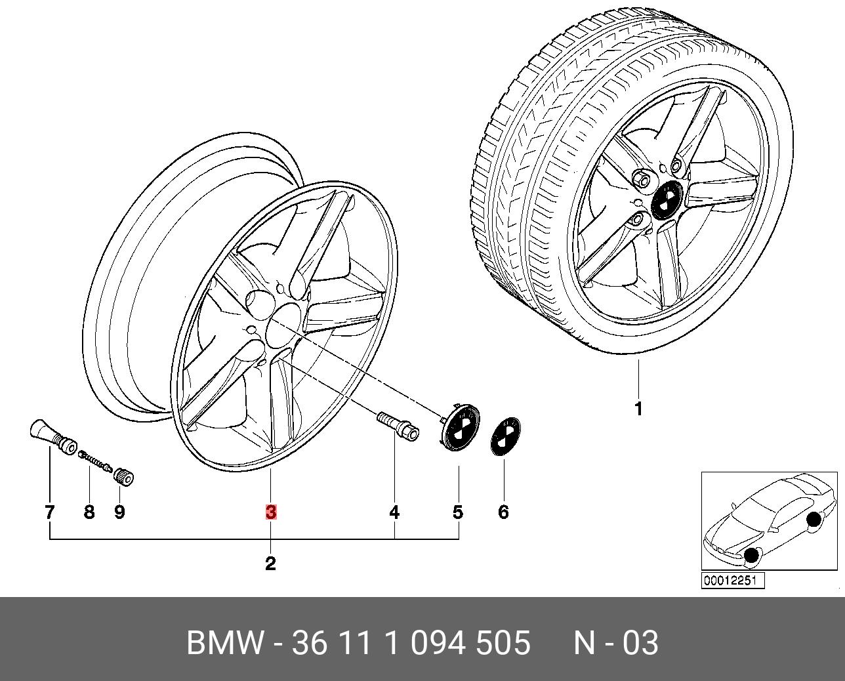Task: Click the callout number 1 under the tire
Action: [x=639, y=409]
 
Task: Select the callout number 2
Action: [x=270, y=564]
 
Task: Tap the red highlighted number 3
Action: [x=271, y=512]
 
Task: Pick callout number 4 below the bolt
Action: [x=394, y=512]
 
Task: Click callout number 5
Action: [x=458, y=512]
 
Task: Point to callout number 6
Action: [x=503, y=512]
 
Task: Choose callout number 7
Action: [x=49, y=512]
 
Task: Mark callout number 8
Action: [x=89, y=512]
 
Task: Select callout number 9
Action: [x=119, y=512]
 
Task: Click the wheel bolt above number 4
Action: [x=398, y=428]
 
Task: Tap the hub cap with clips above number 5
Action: [x=459, y=426]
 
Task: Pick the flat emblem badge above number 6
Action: [x=506, y=437]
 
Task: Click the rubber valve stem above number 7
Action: [x=52, y=438]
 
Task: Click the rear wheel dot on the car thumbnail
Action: [x=814, y=520]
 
